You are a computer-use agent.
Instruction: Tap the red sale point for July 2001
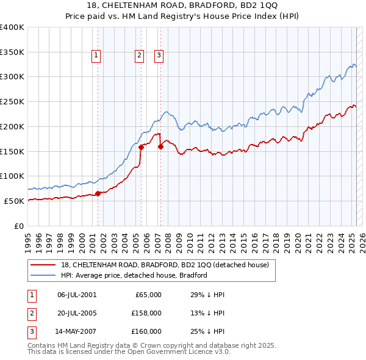(98, 193)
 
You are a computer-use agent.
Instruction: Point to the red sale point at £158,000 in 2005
(141, 147)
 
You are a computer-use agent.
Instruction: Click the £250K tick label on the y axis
(12, 101)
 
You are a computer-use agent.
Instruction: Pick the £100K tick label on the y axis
(12, 176)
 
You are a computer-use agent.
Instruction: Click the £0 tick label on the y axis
(19, 226)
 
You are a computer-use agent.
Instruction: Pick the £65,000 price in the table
(146, 295)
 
